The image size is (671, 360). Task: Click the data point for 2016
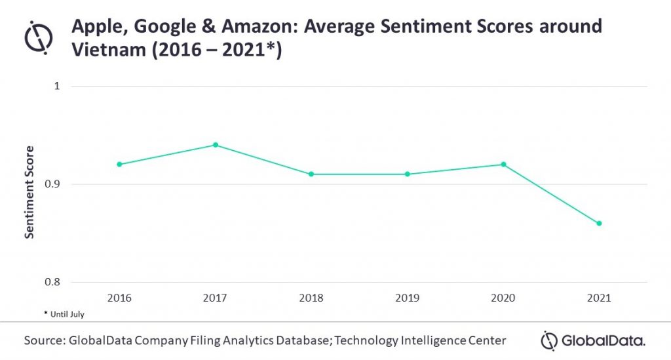click(119, 164)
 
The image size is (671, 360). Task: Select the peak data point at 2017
click(215, 145)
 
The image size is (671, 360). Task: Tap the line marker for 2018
click(311, 174)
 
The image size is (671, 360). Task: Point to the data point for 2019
click(407, 174)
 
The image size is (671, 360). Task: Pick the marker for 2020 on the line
click(503, 164)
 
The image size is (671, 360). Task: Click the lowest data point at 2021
click(599, 224)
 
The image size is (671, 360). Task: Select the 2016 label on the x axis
click(119, 298)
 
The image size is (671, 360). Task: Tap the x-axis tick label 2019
click(407, 298)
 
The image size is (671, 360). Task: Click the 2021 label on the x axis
click(599, 298)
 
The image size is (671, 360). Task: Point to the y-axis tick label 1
click(56, 87)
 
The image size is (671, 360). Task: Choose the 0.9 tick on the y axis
click(52, 184)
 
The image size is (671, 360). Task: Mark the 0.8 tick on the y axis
click(52, 283)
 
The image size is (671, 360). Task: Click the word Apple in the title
click(96, 26)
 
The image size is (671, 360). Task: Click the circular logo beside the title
click(39, 38)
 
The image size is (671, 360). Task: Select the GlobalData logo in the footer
click(593, 340)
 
